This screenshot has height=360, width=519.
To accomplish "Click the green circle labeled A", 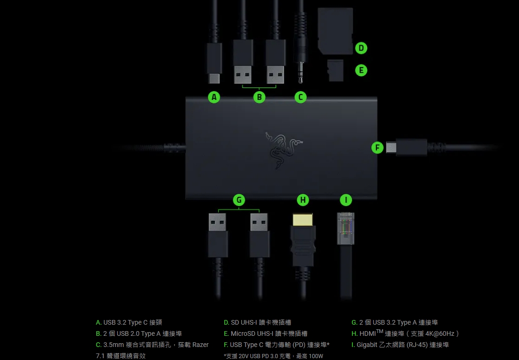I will [214, 97].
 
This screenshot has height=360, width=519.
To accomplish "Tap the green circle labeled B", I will [259, 97].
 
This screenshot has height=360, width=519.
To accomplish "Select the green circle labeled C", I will [301, 97].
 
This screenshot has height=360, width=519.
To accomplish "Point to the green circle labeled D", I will [361, 48].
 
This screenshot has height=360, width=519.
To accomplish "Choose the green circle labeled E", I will [361, 70].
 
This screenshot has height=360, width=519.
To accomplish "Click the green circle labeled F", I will [377, 148].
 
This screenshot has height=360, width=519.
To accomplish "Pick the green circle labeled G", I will [239, 200].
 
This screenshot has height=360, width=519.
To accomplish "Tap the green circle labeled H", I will [303, 200].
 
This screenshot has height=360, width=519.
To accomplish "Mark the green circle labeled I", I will [345, 200].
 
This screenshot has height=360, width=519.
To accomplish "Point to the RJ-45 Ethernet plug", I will [345, 228].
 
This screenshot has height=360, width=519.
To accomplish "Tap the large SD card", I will [335, 30].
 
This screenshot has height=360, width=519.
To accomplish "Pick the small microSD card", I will [335, 70].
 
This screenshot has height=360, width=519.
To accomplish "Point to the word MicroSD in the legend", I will [243, 334].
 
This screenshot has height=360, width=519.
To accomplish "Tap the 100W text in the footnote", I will [315, 356].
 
